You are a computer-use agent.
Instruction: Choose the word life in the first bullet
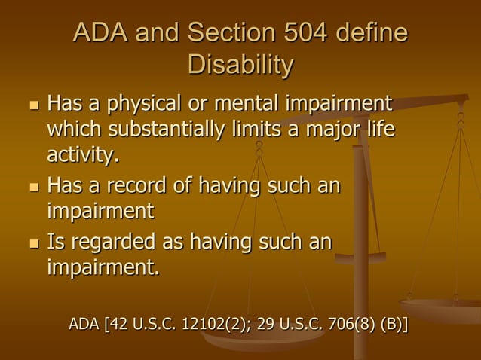pyautogui.click(x=379, y=130)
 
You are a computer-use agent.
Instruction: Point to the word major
pyautogui.click(x=329, y=130)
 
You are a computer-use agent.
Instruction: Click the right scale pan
pyautogui.click(x=442, y=309)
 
